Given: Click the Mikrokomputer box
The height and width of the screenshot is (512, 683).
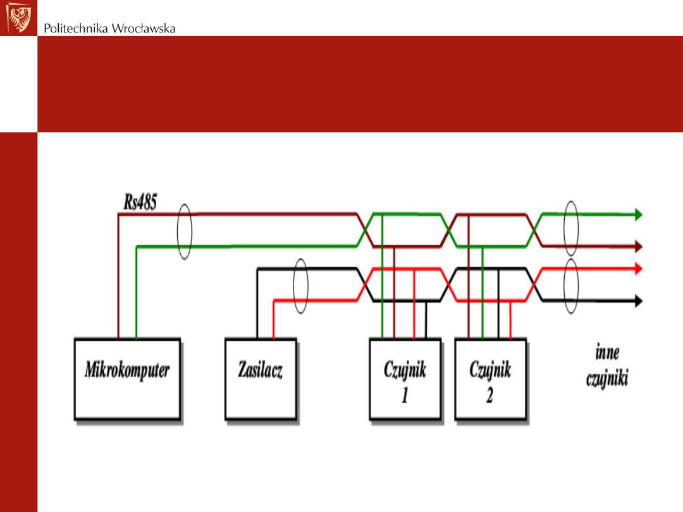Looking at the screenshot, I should click(127, 379).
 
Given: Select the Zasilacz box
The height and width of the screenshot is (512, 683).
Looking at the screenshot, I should click(261, 379).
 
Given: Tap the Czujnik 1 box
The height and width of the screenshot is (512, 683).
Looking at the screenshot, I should click(405, 379).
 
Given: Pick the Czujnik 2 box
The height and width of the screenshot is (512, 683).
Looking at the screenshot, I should click(490, 379).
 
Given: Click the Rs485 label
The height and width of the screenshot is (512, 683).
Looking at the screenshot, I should click(140, 202).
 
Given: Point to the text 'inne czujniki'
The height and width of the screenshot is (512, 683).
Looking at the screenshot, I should click(606, 367).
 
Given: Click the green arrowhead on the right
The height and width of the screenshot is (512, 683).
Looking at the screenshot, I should click(637, 215).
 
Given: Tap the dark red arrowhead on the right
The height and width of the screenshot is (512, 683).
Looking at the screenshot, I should click(637, 246).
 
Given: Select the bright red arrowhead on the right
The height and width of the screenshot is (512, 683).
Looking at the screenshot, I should click(637, 269).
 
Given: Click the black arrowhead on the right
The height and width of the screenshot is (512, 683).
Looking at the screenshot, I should click(637, 301).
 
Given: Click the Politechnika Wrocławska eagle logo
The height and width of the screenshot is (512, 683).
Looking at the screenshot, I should click(18, 18).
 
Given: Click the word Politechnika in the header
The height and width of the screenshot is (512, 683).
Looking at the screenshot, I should click(76, 28).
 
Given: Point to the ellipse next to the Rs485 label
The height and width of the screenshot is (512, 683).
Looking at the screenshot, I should click(184, 231).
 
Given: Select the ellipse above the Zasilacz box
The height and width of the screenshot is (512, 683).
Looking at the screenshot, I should click(301, 286).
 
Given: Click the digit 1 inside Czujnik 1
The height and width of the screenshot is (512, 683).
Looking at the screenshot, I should click(405, 396).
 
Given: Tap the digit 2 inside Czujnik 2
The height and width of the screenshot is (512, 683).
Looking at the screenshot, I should click(489, 396).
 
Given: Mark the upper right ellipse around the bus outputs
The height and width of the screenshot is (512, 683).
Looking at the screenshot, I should click(571, 230).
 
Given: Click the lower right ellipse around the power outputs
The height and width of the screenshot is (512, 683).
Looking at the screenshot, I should click(571, 286).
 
